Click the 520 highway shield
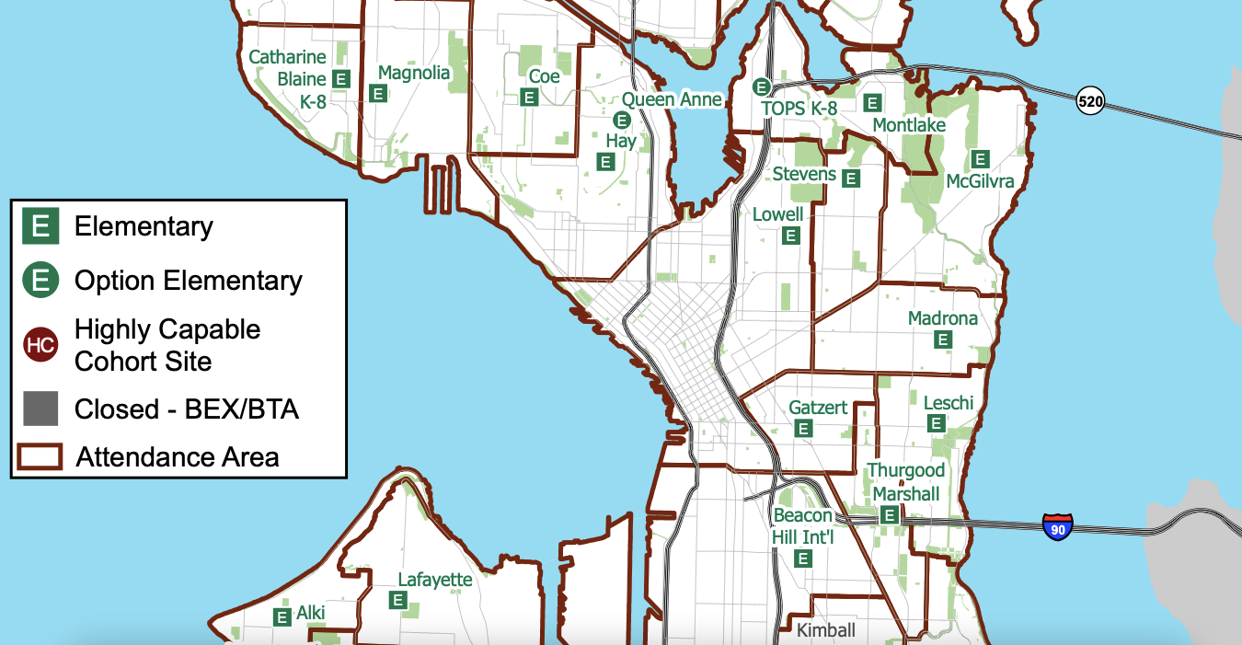click(x=1090, y=101)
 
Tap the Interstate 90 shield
click(x=1058, y=527)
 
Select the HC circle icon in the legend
click(x=40, y=345)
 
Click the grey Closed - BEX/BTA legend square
click(x=40, y=409)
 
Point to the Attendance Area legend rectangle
click(x=40, y=456)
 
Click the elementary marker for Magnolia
click(x=377, y=93)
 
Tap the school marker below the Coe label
click(x=530, y=97)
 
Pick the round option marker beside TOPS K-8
click(x=762, y=86)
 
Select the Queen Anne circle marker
click(x=621, y=119)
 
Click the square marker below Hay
click(x=605, y=162)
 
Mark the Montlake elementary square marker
click(x=873, y=103)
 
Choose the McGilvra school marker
click(x=981, y=159)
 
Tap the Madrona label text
click(x=942, y=318)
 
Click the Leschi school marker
click(x=937, y=423)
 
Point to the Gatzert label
click(x=818, y=407)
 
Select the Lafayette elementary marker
click(x=398, y=600)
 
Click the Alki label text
click(x=311, y=613)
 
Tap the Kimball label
click(x=825, y=630)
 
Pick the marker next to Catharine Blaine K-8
click(x=341, y=79)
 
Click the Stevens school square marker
click(x=851, y=179)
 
